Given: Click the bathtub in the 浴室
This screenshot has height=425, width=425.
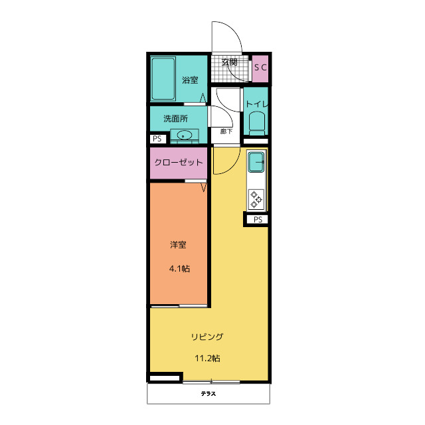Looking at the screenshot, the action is (x=163, y=78).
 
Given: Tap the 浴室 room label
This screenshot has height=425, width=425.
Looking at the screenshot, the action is (x=190, y=80).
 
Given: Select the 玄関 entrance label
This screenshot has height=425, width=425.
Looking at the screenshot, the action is (x=229, y=62).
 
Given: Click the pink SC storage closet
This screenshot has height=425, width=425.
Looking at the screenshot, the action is (x=260, y=69).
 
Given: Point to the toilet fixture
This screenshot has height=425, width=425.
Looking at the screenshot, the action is (x=257, y=124).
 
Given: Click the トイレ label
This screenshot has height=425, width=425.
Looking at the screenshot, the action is (x=257, y=104).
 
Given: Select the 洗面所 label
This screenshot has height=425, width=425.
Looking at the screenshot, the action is (x=175, y=118).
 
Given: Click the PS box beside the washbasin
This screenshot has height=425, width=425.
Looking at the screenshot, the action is (x=157, y=139).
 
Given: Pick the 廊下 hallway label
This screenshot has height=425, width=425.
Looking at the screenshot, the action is (x=226, y=131).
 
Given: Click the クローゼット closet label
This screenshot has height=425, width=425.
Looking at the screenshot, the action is (x=179, y=162).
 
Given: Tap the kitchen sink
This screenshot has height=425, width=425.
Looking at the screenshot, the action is (x=256, y=162).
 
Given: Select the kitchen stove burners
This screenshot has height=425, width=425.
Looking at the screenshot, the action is (x=256, y=199).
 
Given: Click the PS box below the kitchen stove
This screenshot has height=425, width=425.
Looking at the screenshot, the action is (x=258, y=219).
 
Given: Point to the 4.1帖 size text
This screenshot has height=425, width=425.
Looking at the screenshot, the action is (x=179, y=268).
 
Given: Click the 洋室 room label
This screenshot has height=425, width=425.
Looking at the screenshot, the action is (x=178, y=245).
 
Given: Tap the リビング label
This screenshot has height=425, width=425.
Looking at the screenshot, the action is (x=207, y=337).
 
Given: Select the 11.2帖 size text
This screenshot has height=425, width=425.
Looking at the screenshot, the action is (x=207, y=359).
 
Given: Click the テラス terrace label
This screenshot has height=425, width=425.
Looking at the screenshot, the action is (x=208, y=394).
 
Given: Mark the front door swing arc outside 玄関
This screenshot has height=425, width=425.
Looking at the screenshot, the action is (x=233, y=30).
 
